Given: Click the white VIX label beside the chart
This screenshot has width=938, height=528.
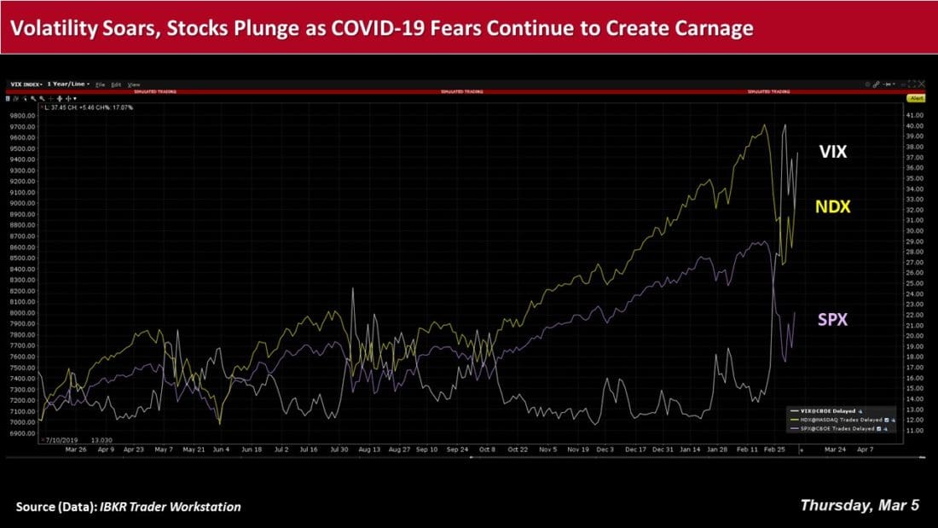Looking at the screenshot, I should (832, 153).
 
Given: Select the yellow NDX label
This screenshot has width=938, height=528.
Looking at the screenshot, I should (832, 207).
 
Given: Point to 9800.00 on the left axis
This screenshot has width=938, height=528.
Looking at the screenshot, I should (23, 116).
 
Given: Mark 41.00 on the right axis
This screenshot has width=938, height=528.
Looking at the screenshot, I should (914, 116).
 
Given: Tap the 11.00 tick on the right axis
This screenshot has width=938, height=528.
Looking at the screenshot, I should (914, 430).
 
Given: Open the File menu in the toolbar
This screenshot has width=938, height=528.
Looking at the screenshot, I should (101, 84).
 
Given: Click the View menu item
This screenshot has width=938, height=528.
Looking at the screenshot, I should (134, 84).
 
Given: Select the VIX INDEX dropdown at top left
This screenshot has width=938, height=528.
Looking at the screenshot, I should (26, 84).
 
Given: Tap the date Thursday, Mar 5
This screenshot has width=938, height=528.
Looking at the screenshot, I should (860, 505).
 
